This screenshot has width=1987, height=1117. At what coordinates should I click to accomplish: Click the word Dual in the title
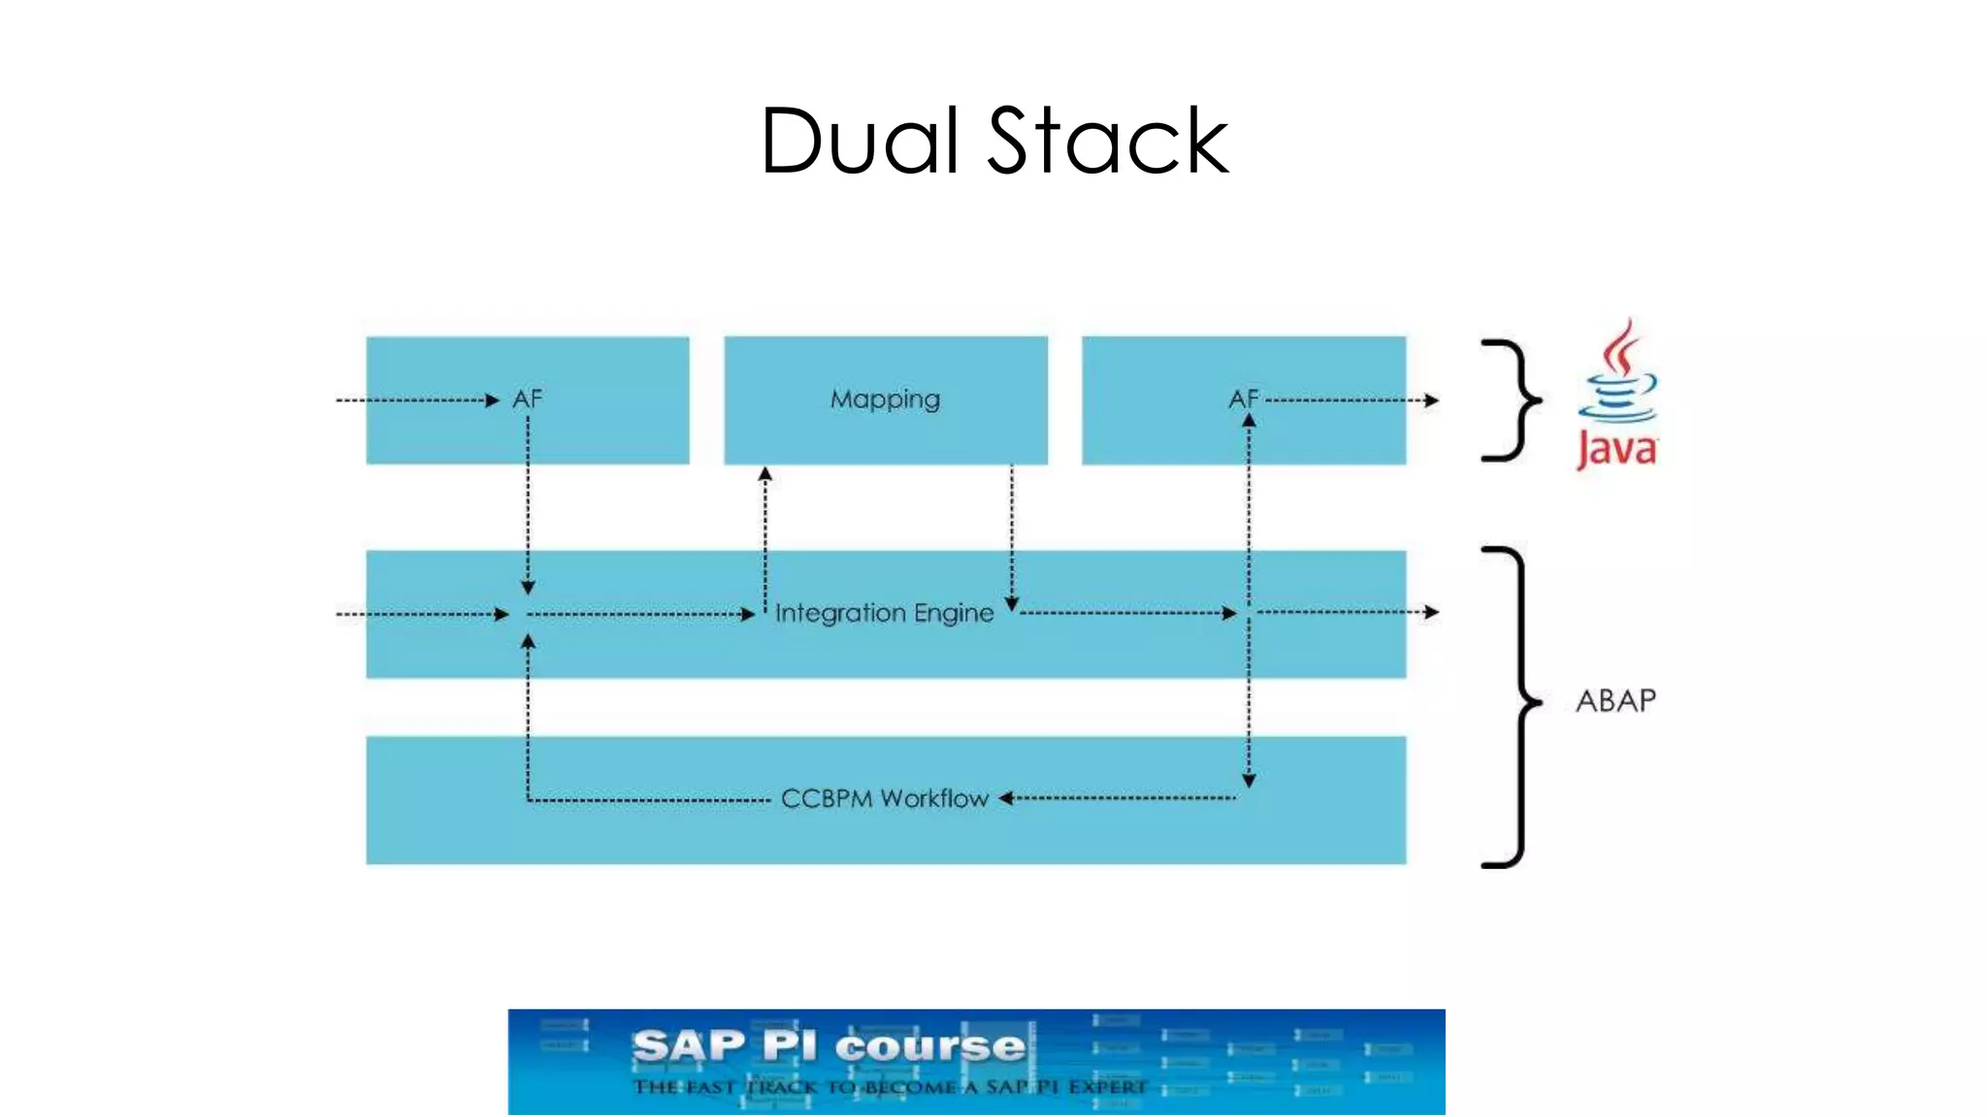(x=860, y=142)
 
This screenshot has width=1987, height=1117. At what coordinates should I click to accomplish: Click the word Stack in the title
(x=1108, y=142)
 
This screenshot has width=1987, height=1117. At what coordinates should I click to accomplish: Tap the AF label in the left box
(x=527, y=399)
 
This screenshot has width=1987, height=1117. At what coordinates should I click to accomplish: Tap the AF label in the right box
(x=1243, y=399)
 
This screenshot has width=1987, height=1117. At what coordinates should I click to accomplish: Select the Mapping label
(x=885, y=399)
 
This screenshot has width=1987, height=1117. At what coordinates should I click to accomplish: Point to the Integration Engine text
(x=884, y=613)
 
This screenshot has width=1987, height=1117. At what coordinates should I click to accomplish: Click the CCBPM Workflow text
(x=884, y=798)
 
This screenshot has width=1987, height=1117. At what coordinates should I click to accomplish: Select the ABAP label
(x=1615, y=700)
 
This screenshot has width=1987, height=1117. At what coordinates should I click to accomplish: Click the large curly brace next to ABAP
(x=1512, y=706)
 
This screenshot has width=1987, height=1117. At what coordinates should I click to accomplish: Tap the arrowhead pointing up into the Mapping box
(x=765, y=474)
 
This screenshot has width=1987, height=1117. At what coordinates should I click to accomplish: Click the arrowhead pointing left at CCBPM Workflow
(x=1006, y=798)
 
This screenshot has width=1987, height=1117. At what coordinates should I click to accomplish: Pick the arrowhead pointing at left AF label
(x=492, y=399)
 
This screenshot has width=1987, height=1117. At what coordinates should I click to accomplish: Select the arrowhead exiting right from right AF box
(x=1431, y=399)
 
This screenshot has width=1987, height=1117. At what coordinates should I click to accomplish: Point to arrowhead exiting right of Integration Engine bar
(x=1431, y=612)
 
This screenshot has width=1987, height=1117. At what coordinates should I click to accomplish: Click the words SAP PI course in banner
(x=829, y=1046)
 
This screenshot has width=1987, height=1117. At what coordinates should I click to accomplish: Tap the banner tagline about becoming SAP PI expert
(x=889, y=1087)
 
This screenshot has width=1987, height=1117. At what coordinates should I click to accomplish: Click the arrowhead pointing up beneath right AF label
(x=1249, y=421)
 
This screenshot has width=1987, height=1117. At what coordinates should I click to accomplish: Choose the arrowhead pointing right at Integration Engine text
(x=748, y=614)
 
